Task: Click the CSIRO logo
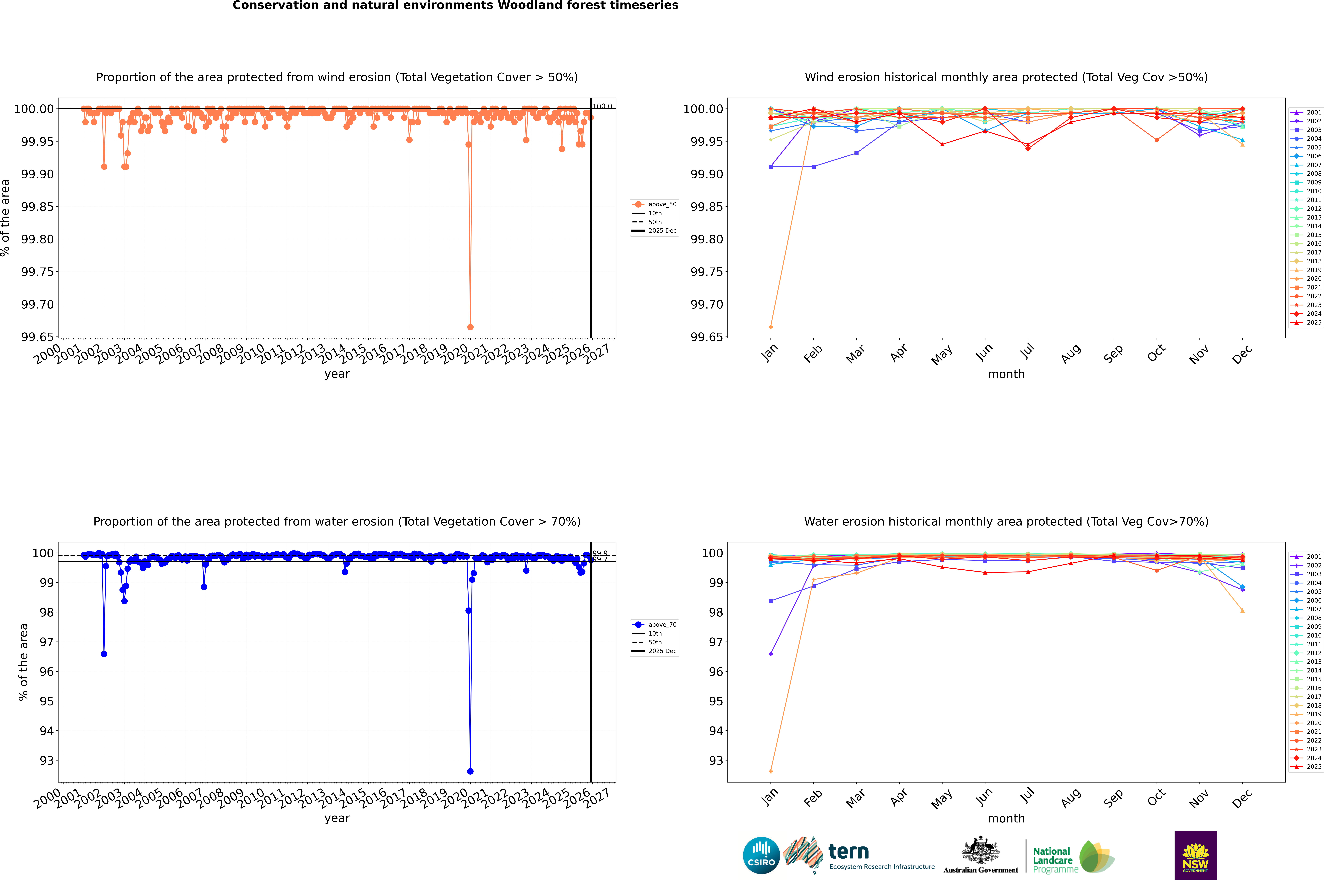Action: pyautogui.click(x=761, y=855)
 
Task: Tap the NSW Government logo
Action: pyautogui.click(x=1195, y=855)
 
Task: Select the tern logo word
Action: pyautogui.click(x=849, y=852)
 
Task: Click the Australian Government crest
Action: pyautogui.click(x=981, y=852)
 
